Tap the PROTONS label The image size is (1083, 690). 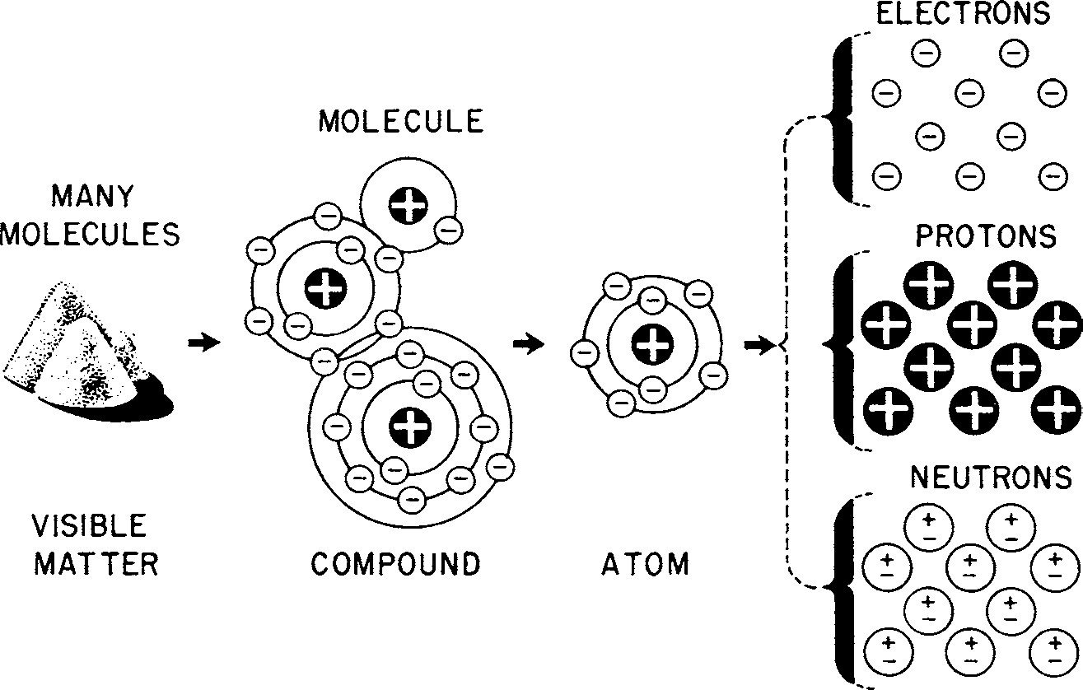click(985, 237)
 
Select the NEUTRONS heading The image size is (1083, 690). click(992, 477)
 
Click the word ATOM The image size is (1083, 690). click(645, 565)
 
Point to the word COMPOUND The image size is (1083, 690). click(395, 565)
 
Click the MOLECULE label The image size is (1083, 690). click(401, 122)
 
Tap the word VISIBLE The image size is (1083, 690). click(90, 524)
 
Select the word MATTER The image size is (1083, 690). click(95, 565)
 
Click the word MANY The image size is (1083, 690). click(91, 198)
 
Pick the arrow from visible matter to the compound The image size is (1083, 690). click(204, 342)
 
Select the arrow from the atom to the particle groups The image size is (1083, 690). click(757, 346)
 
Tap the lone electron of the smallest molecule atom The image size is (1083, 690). click(449, 230)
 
